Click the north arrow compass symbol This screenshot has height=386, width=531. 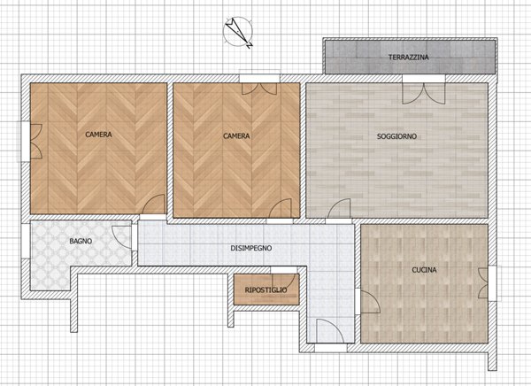coord(238,33)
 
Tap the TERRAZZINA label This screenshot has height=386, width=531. coord(408,58)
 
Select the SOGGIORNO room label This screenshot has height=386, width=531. coord(396,136)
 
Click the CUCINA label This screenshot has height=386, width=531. coord(424,270)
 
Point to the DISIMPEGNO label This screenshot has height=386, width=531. coord(251,248)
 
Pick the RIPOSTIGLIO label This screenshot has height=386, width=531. coord(265,290)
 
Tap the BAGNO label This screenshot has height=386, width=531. coord(81,242)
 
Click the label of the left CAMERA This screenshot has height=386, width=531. coord(98,135)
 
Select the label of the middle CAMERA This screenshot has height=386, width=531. coord(236,136)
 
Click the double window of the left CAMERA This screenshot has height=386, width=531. coord(36,142)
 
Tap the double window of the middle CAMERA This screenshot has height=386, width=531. coord(259,89)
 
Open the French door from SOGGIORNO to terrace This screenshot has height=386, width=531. coord(423,94)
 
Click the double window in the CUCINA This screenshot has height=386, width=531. coord(483,283)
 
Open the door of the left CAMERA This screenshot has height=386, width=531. coord(153,205)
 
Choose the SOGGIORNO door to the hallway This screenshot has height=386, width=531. coord(339,208)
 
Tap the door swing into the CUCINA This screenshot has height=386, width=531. coord(371,302)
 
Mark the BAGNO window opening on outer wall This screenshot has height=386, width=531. coord(26,241)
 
